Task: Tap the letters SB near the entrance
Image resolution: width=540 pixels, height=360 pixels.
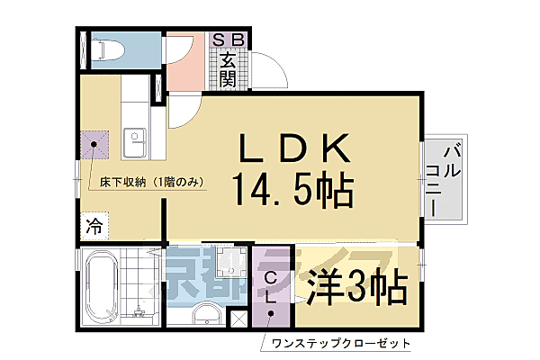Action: pos(229,39)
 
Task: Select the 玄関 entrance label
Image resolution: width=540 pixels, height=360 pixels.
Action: pos(229,70)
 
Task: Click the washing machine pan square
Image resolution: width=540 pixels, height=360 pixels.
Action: pos(229,265)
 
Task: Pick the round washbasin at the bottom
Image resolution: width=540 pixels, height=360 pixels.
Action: pos(205,314)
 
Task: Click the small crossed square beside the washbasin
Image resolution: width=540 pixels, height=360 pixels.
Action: pos(238,317)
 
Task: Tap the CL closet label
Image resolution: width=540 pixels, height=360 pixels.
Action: pos(271,288)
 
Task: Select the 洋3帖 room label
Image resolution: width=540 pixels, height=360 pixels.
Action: pos(357,289)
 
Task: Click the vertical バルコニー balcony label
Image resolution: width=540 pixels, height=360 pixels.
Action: pos(447,177)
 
